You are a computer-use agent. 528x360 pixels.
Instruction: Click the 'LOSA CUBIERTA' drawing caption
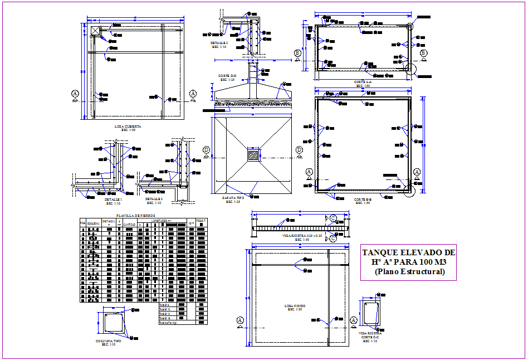point(128,127)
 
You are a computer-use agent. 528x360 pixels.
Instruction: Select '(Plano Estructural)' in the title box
point(409,272)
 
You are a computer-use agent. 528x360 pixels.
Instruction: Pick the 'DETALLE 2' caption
point(219,42)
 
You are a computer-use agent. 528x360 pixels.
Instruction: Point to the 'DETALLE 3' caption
point(154,199)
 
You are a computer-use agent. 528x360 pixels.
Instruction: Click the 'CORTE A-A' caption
point(363,82)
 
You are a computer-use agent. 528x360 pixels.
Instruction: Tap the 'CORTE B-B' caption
point(363,199)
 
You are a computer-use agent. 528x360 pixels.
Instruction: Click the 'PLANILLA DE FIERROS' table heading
point(135,215)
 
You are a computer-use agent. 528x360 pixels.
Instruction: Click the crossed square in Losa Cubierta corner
point(95,31)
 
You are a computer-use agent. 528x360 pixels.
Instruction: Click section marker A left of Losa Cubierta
point(75,94)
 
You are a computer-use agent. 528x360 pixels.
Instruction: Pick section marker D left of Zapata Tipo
point(206,149)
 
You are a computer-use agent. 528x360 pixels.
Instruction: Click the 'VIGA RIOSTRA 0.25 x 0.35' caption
point(301,236)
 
